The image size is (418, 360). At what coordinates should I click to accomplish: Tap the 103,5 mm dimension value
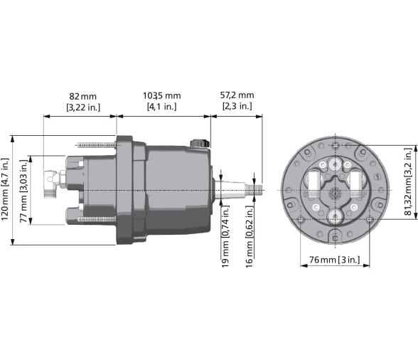161,95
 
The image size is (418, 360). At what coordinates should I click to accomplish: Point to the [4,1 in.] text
161,107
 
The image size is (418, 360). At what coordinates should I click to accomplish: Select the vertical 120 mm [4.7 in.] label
6,191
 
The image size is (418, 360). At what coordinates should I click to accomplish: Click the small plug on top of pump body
200,144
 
